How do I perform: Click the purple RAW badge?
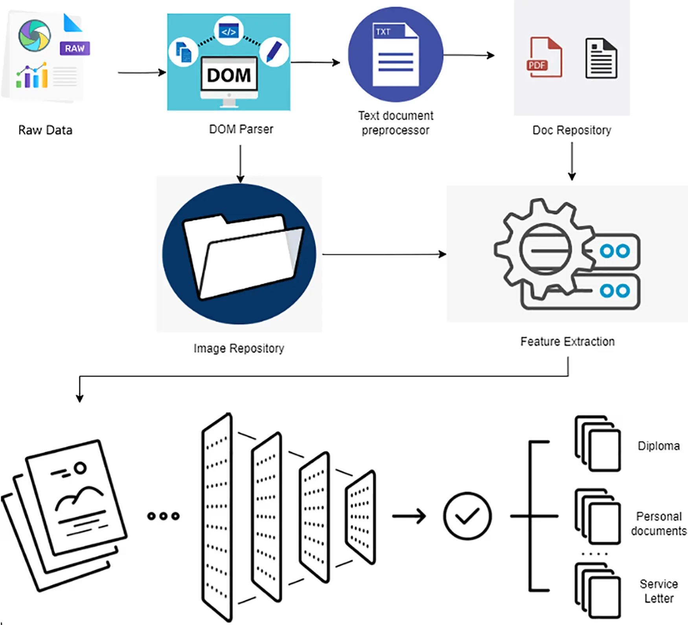point(75,48)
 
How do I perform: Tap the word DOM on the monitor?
point(229,75)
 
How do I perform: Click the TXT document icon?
point(396,55)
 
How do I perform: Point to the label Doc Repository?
point(572,130)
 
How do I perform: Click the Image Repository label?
point(239,348)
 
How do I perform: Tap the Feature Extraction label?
point(567,342)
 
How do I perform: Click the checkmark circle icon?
point(467,516)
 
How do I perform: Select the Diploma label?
point(659,446)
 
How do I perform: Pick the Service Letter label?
point(659,591)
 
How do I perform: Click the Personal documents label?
point(659,524)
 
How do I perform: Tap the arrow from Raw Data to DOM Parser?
point(142,73)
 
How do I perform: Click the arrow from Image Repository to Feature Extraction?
point(384,254)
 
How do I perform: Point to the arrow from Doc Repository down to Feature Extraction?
point(572,161)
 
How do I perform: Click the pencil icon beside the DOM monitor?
point(274,51)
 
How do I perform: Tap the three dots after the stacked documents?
point(163,516)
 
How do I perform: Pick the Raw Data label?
point(45,130)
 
